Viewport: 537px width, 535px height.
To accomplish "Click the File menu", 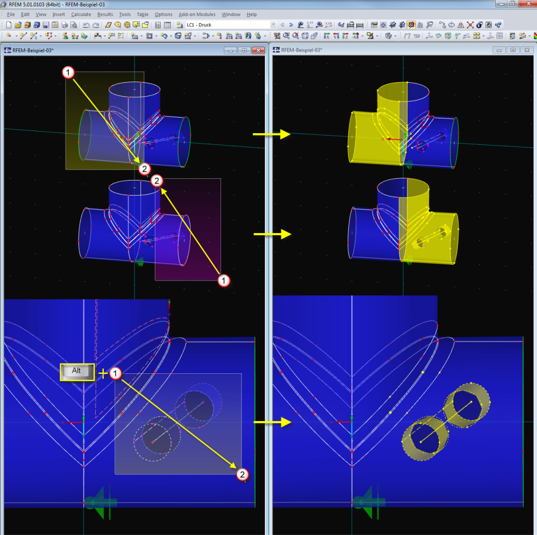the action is [x=11, y=15].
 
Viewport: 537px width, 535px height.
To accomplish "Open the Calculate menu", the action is [x=81, y=15].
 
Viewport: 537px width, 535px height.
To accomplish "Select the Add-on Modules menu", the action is [x=197, y=15].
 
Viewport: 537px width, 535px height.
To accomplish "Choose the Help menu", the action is [x=252, y=15].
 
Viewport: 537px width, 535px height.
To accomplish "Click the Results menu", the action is [x=105, y=15].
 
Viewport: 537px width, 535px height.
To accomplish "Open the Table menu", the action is [x=142, y=15].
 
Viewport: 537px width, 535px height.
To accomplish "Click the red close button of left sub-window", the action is [x=258, y=50].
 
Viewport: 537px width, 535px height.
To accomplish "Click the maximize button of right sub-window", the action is [x=513, y=50].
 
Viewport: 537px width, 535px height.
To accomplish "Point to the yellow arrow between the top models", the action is [x=271, y=134].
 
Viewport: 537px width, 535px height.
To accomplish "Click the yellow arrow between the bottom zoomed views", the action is [x=273, y=422].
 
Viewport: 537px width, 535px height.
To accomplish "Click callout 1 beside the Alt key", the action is [x=116, y=373].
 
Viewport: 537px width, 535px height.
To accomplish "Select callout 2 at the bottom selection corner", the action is [x=242, y=474].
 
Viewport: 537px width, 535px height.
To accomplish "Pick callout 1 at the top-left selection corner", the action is [x=68, y=73].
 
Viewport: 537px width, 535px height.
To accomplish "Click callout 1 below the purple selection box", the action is [x=224, y=281].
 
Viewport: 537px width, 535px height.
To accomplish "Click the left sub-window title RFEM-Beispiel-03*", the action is [x=33, y=50].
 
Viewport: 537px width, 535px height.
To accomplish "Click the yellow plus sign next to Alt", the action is [x=103, y=373].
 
